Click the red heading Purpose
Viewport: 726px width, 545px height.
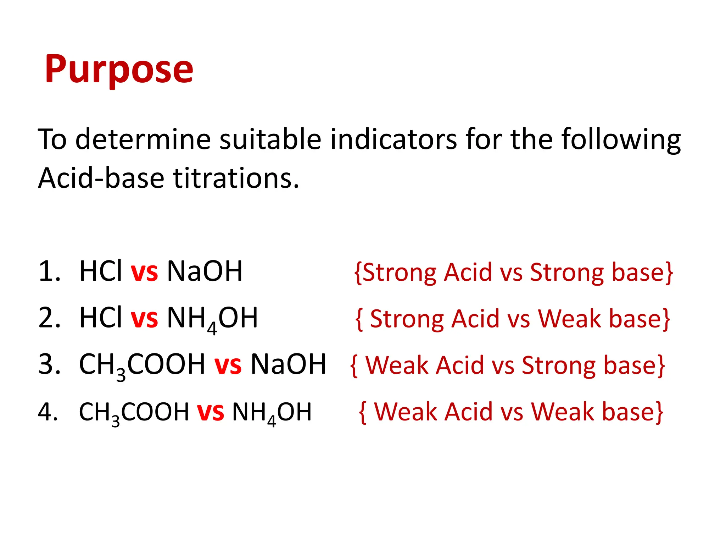click(119, 69)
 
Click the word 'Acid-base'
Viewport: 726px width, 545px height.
click(101, 178)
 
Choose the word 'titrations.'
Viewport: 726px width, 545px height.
click(236, 178)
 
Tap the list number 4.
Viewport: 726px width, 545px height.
click(48, 412)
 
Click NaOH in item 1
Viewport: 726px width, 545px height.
click(205, 271)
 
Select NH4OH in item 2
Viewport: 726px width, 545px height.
click(212, 319)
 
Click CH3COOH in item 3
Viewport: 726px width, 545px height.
click(142, 365)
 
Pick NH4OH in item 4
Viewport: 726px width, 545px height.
click(272, 413)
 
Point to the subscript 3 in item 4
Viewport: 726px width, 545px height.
click(116, 422)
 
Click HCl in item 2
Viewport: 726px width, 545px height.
click(101, 318)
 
